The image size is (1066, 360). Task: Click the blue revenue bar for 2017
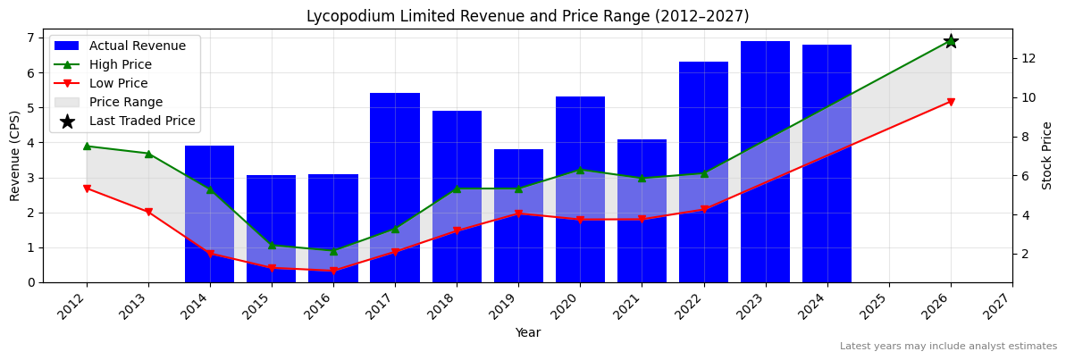click(x=395, y=188)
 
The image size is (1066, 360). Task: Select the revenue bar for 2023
click(x=765, y=162)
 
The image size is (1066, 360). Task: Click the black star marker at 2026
click(x=951, y=41)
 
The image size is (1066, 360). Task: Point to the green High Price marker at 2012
click(x=87, y=146)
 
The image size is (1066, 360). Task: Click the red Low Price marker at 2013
click(x=148, y=212)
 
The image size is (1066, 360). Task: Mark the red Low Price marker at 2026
click(x=951, y=102)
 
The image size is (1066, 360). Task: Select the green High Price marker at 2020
click(x=580, y=170)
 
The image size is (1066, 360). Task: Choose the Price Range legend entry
click(x=125, y=102)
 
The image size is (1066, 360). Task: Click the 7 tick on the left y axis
click(x=33, y=38)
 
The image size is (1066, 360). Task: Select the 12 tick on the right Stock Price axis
click(x=1028, y=58)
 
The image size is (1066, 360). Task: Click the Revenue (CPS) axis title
click(x=15, y=155)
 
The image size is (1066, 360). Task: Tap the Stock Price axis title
click(x=1047, y=155)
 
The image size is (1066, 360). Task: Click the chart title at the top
click(x=527, y=16)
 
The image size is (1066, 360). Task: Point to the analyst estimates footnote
click(x=948, y=347)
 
